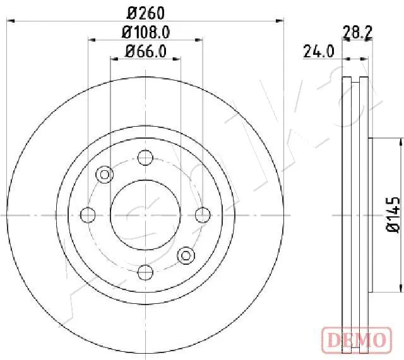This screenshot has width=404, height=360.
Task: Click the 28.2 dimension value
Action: (x=356, y=32)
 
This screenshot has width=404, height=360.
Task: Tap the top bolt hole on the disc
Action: (x=145, y=158)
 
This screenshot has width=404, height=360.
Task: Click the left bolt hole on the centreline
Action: (x=88, y=215)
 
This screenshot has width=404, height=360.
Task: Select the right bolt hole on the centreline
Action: (x=203, y=215)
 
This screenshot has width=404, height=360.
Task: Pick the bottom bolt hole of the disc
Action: (x=145, y=272)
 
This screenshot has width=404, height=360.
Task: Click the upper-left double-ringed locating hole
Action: (x=104, y=175)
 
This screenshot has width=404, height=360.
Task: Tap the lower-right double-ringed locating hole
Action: (x=186, y=255)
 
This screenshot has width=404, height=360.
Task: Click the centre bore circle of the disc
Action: (x=145, y=215)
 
